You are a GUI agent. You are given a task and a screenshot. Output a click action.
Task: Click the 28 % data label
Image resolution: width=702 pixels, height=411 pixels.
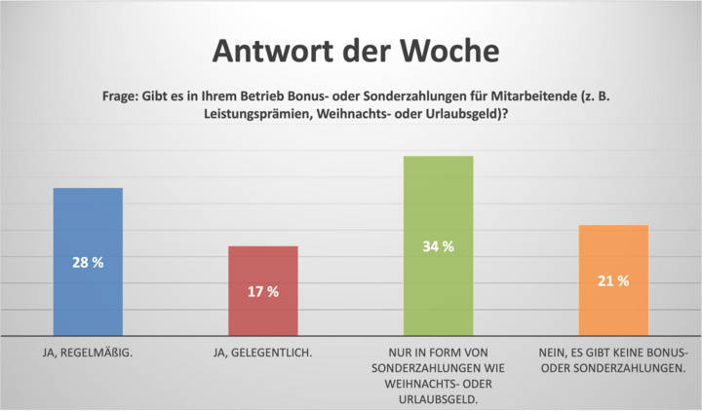click(87, 263)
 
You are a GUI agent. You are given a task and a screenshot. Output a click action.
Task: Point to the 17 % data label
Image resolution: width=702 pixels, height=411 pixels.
click(262, 291)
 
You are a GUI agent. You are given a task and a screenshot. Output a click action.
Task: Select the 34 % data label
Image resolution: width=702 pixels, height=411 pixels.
click(438, 246)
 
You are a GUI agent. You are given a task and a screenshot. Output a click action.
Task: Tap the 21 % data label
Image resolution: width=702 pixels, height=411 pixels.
click(613, 280)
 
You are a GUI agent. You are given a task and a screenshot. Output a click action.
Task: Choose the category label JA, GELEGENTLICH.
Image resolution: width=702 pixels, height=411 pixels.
click(263, 352)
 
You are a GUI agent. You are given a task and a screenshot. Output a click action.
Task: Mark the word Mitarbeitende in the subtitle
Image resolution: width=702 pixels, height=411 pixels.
click(531, 95)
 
